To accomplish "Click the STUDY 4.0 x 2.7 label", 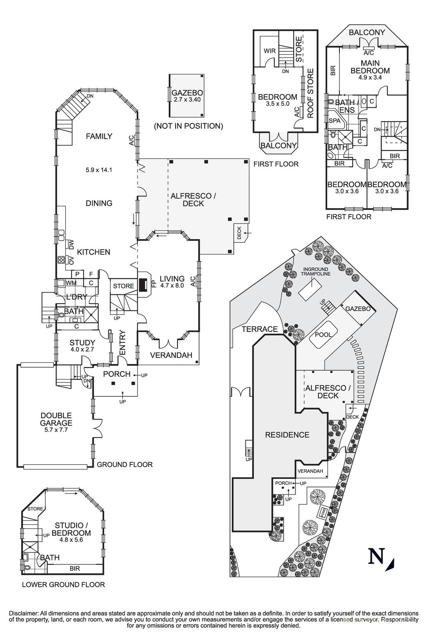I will tap(82, 346).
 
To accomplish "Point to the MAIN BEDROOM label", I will tap(370, 67).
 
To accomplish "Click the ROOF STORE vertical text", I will tap(310, 93).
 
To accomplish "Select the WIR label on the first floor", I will tap(269, 51).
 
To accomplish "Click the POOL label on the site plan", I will tap(323, 334).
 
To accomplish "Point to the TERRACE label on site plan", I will tap(260, 329).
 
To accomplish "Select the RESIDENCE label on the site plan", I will tap(287, 435).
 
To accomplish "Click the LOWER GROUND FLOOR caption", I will tap(63, 584).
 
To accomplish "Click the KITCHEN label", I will tap(94, 252).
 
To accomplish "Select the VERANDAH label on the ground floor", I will tap(171, 355).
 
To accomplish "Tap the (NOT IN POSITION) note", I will tap(188, 126).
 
